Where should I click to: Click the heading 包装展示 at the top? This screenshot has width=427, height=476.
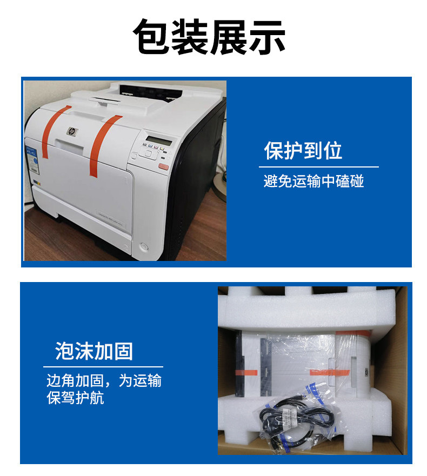(x=209, y=37)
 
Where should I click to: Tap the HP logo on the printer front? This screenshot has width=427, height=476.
(x=70, y=131)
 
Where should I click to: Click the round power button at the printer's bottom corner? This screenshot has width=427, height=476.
(x=143, y=247)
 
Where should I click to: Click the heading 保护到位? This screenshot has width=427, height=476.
(x=303, y=151)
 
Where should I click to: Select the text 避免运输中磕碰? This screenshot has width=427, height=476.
(x=313, y=181)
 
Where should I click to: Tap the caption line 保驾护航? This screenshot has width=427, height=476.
(x=76, y=399)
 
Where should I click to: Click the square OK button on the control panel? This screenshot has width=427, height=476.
(x=149, y=153)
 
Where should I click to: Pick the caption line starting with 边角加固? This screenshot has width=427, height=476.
(x=104, y=381)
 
